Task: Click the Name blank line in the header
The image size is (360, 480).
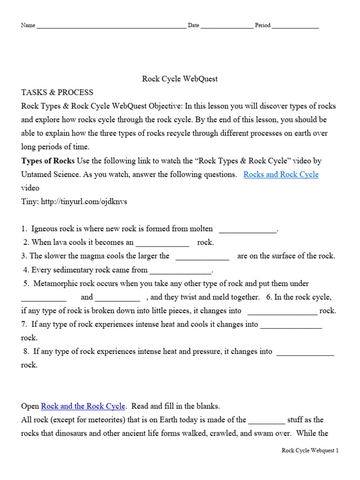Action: (111, 27)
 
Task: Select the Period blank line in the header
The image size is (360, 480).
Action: (295, 27)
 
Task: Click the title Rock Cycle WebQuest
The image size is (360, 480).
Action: (180, 79)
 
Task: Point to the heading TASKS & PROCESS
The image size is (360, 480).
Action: (57, 92)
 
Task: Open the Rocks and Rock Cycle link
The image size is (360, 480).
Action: (281, 174)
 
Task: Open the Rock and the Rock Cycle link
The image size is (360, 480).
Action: (83, 406)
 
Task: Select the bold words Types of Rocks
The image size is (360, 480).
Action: (48, 161)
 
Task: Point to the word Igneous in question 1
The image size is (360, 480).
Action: (45, 229)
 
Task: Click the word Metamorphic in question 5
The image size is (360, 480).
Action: (53, 284)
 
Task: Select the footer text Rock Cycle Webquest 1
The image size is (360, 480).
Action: (309, 450)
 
